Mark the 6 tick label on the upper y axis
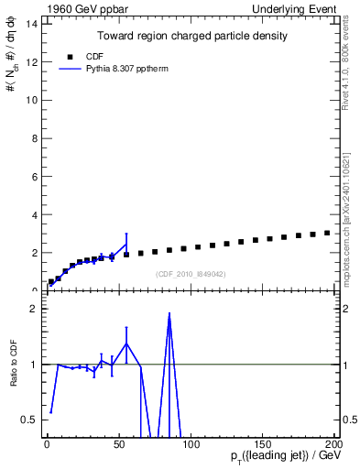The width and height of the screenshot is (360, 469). coord(34,176)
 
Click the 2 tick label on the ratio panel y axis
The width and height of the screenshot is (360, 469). coord(34,309)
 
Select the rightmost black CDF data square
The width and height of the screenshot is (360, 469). coord(327,233)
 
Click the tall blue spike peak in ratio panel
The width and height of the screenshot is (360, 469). coord(169,314)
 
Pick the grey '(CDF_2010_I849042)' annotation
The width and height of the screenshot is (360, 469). coord(191,274)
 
